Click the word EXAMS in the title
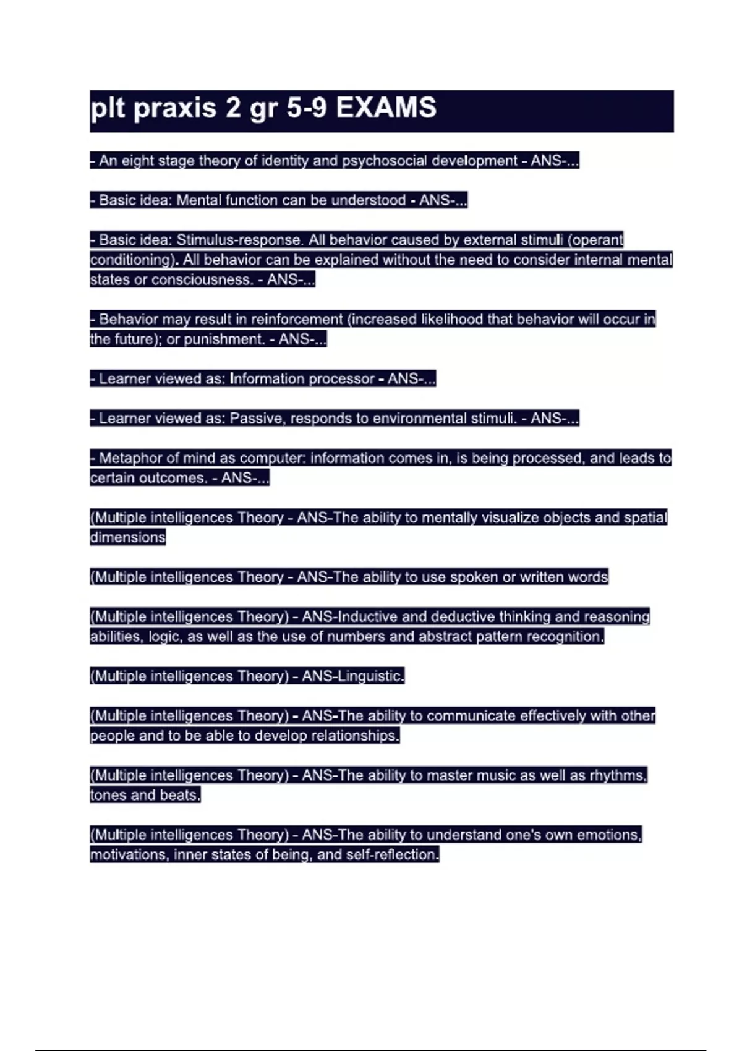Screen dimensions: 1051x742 pyautogui.click(x=386, y=108)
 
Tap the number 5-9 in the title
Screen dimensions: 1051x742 pyautogui.click(x=307, y=108)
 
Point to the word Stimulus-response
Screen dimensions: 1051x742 pyautogui.click(x=240, y=240)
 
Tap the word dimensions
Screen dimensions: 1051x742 pyautogui.click(x=128, y=537)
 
